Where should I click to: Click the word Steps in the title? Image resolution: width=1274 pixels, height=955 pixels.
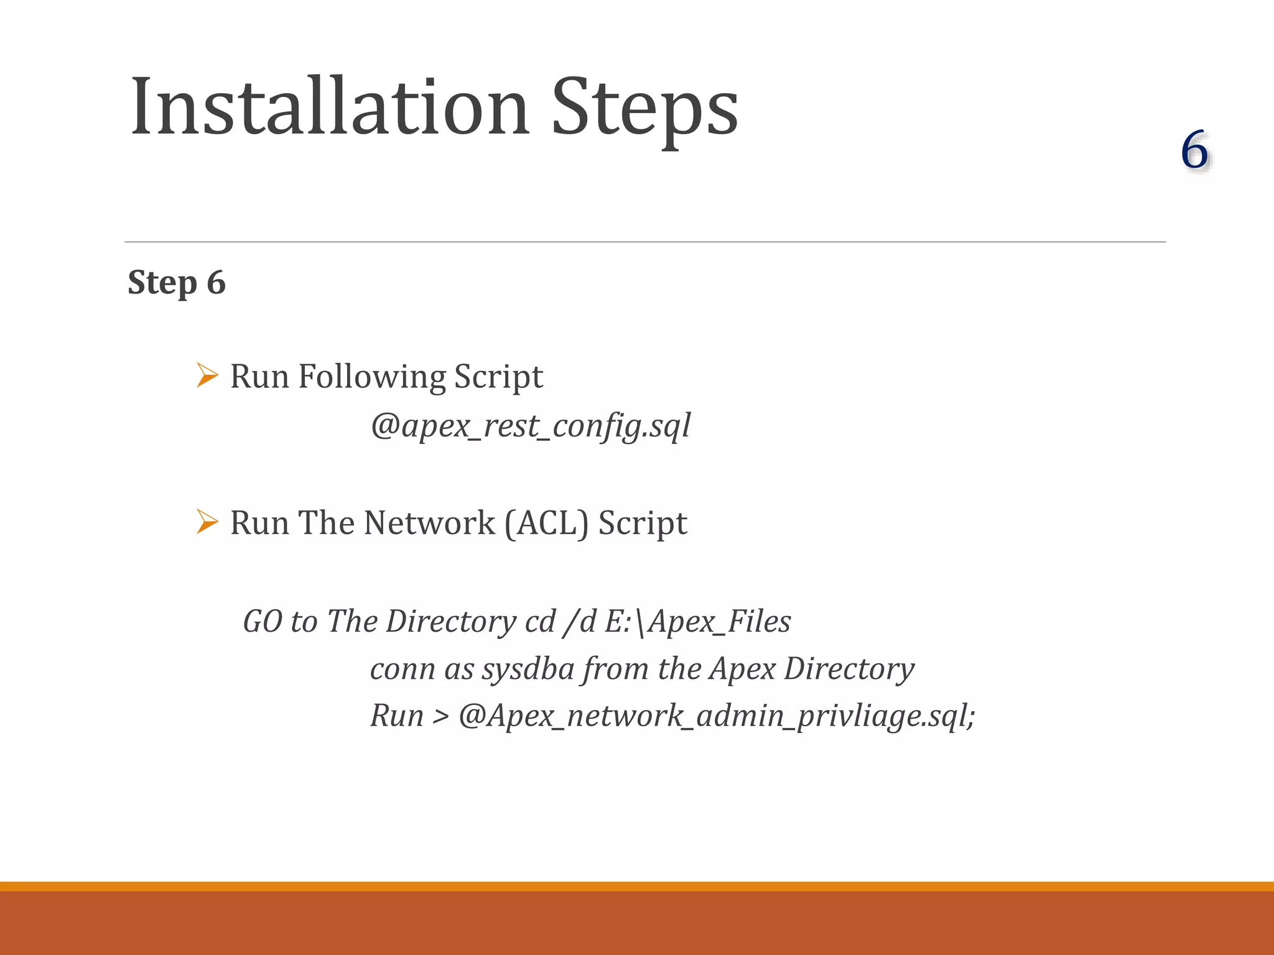coord(644,107)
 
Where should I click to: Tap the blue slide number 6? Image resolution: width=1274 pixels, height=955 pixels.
coord(1194,150)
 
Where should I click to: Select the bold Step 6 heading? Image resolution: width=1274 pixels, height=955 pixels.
coord(177,282)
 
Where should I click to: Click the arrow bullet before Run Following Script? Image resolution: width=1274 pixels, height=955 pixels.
coord(207,376)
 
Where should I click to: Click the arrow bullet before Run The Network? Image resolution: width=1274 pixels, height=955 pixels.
coord(207,522)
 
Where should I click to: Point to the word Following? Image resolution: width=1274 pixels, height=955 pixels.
coord(372,377)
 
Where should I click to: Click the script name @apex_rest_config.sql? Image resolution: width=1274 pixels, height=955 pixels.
coord(530,427)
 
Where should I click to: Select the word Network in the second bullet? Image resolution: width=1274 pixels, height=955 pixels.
coord(429,523)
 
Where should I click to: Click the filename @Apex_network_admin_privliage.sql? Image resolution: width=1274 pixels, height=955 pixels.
coord(716,716)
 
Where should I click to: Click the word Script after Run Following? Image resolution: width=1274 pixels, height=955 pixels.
coord(498,377)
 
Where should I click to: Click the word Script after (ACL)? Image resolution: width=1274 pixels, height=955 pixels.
coord(643,523)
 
